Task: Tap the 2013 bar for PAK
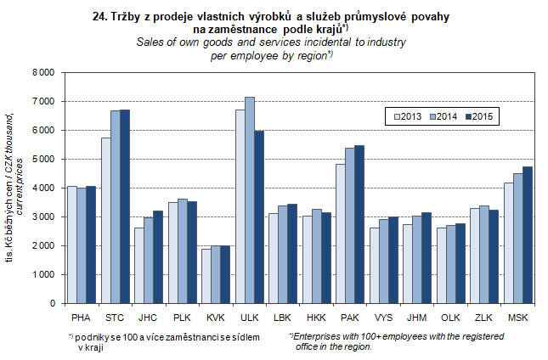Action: tap(340, 233)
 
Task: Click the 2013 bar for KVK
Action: tap(206, 276)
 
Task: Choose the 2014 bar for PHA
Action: tap(82, 245)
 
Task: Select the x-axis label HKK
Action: tap(316, 317)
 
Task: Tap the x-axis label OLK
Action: tap(450, 317)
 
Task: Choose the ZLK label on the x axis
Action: tap(483, 317)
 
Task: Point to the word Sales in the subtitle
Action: tap(150, 42)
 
